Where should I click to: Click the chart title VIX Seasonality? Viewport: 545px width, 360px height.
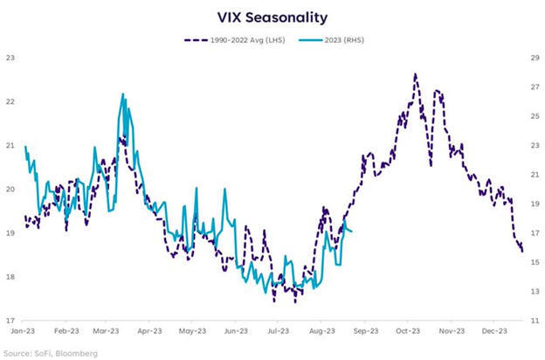pyautogui.click(x=272, y=16)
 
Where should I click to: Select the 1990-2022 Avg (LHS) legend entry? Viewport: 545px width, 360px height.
pyautogui.click(x=247, y=40)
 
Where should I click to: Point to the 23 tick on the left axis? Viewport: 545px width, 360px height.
pyautogui.click(x=11, y=58)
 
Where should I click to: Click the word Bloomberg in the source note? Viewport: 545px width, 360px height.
pyautogui.click(x=74, y=353)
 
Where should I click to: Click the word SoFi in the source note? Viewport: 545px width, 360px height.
pyautogui.click(x=39, y=353)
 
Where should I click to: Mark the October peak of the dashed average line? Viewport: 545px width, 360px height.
pyautogui.click(x=415, y=74)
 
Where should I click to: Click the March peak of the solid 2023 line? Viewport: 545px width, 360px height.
pyautogui.click(x=123, y=93)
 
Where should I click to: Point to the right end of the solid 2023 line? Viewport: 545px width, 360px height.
pyautogui.click(x=351, y=232)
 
